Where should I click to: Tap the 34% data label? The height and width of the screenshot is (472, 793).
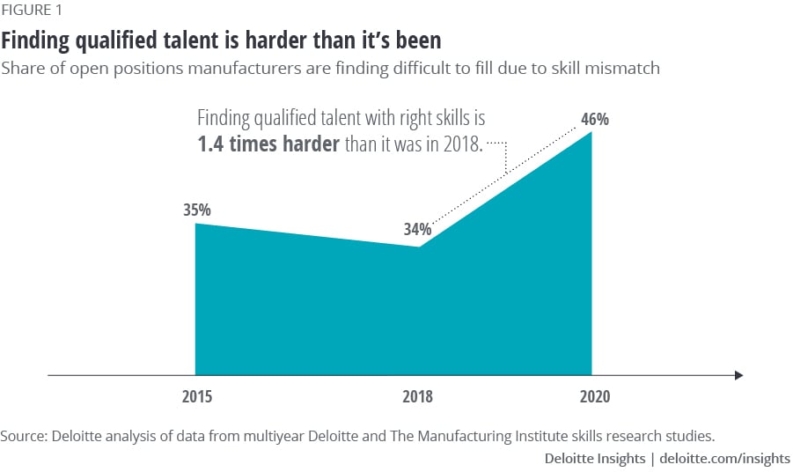(418, 230)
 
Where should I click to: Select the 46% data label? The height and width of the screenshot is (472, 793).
(595, 119)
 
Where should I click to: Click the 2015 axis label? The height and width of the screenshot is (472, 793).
(197, 397)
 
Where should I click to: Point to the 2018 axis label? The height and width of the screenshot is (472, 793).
(417, 397)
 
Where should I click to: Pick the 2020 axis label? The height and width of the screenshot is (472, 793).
(594, 397)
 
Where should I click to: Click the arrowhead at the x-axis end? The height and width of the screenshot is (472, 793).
(738, 375)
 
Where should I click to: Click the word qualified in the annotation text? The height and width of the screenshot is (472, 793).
(283, 119)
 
